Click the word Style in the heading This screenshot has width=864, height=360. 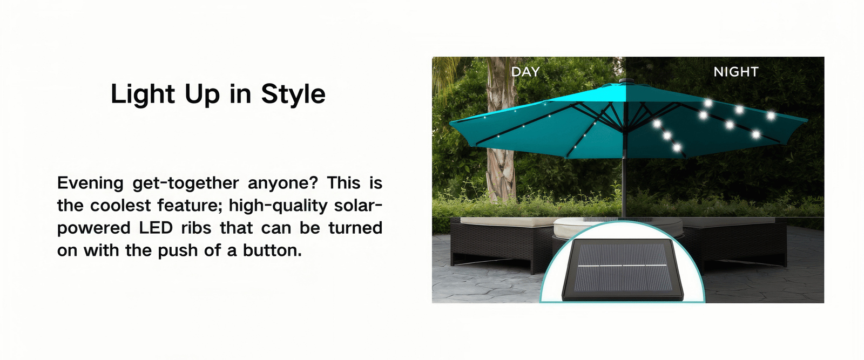coord(293,94)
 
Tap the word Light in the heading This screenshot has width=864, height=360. coord(143,94)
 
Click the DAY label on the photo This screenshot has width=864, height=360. coord(525,72)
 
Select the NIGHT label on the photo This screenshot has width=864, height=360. coord(736,72)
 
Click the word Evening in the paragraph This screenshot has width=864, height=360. coord(90,183)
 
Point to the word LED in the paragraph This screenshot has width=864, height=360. coord(156,228)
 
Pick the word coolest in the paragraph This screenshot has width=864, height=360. coord(120,206)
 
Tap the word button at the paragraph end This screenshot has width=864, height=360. coord(272,250)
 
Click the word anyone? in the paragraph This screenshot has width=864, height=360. coord(283,183)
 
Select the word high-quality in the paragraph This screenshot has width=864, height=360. coord(278,206)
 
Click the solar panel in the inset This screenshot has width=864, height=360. coord(622,269)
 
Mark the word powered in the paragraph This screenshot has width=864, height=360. coord(94,228)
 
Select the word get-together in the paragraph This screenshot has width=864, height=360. coord(186,183)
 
